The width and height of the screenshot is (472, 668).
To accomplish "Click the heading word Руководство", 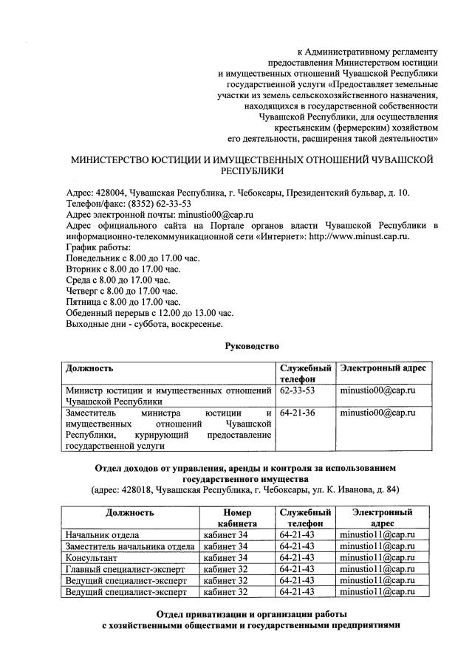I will pyautogui.click(x=253, y=345).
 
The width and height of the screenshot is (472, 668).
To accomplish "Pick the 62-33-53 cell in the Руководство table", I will pyautogui.click(x=298, y=389).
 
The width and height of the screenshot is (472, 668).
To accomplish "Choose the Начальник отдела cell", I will pyautogui.click(x=102, y=534).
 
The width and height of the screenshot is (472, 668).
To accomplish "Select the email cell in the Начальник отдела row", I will pyautogui.click(x=377, y=534).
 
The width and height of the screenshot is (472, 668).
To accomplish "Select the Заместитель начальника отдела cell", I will pyautogui.click(x=130, y=546).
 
